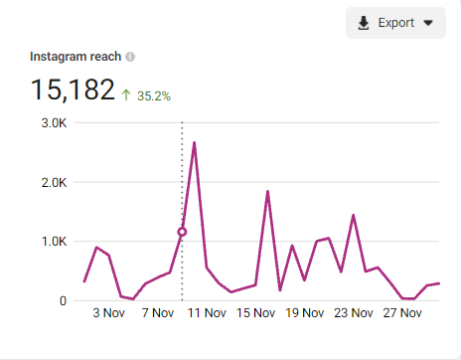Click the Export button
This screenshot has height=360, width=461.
(395, 23)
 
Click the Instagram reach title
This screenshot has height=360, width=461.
(77, 58)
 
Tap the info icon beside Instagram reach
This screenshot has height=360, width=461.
(131, 58)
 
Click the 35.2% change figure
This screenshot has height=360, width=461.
(154, 96)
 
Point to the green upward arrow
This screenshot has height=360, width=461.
(126, 96)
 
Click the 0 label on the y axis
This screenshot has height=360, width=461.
(63, 300)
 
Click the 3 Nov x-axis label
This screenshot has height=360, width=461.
(108, 314)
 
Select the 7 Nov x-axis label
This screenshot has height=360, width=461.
(157, 314)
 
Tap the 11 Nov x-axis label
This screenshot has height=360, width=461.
(206, 314)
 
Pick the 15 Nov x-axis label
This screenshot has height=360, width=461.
(255, 314)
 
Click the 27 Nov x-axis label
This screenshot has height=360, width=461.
(402, 314)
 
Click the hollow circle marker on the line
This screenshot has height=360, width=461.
(182, 232)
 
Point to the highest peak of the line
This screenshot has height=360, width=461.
(194, 142)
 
